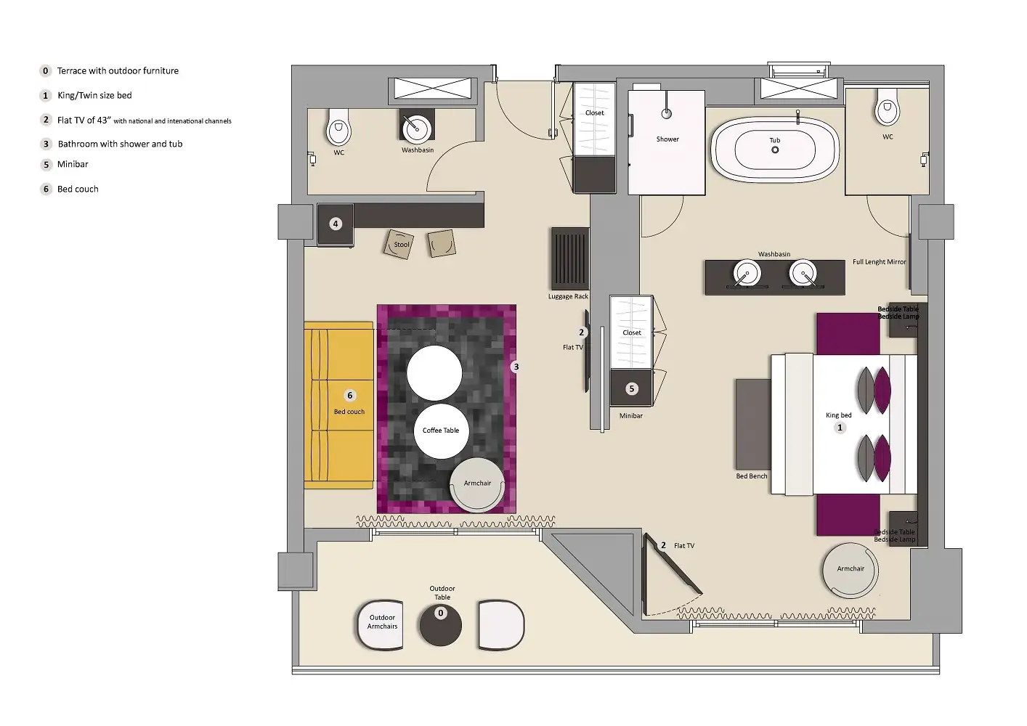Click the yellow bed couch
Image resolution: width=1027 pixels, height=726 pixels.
[338, 405]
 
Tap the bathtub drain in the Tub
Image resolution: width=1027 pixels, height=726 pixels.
[775, 150]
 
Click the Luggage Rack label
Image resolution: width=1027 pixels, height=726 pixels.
[568, 296]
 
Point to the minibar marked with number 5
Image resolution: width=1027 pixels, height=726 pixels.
[631, 388]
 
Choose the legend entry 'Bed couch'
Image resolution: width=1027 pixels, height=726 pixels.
[78, 189]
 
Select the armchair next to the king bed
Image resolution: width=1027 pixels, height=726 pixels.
[850, 570]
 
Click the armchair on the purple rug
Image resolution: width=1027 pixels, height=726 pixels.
[477, 484]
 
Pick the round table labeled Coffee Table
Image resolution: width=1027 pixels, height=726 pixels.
[440, 431]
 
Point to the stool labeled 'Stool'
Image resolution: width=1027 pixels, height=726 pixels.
[399, 244]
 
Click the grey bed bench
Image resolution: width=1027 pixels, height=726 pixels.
[752, 424]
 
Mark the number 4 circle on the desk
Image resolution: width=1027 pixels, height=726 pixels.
[336, 224]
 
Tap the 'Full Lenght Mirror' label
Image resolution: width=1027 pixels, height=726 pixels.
[879, 262]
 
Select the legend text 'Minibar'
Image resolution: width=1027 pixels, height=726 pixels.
[73, 164]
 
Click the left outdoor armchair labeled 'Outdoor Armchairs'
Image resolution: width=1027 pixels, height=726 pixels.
[380, 624]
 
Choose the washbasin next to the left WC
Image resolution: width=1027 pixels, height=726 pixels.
[417, 129]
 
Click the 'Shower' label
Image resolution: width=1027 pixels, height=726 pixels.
[667, 139]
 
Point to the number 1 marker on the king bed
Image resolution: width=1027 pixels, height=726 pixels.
[840, 428]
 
